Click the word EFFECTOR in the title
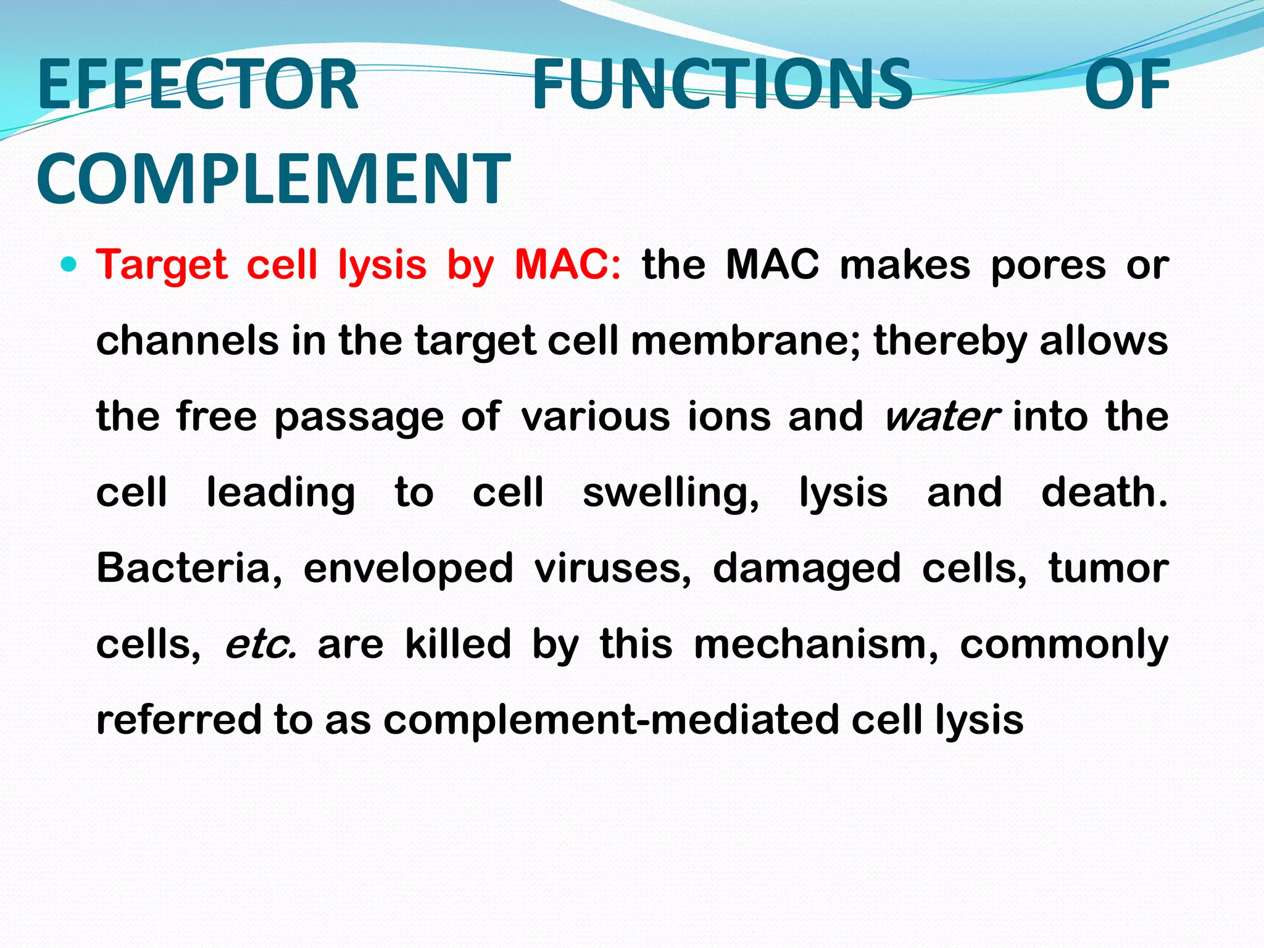tap(197, 85)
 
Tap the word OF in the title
tap(1127, 85)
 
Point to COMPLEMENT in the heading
tap(273, 179)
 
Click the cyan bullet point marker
tap(70, 265)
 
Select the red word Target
tap(162, 265)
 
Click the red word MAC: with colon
tap(568, 265)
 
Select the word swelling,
tap(671, 494)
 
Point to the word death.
tap(1104, 493)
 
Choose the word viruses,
tap(613, 568)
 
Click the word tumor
tap(1108, 568)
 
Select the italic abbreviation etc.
tap(260, 644)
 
